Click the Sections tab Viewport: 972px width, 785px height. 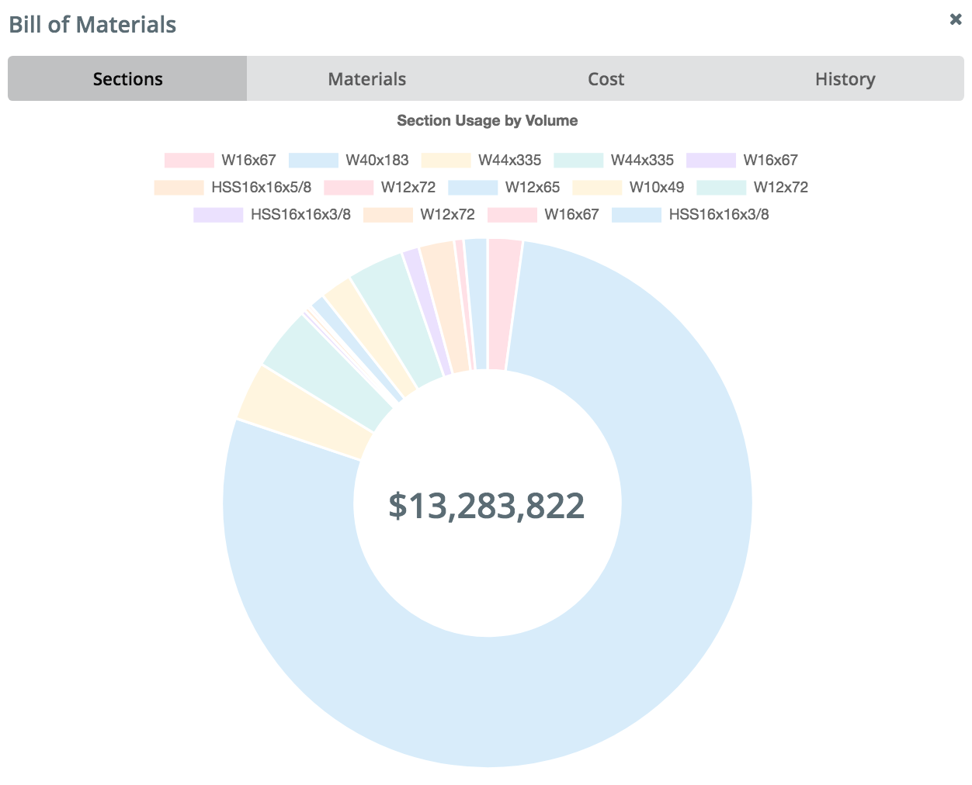point(127,78)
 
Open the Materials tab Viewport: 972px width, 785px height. point(366,78)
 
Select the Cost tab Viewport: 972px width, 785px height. point(606,78)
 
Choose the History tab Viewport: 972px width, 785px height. point(845,78)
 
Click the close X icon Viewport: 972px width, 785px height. point(956,19)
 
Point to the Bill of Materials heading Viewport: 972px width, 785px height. point(92,25)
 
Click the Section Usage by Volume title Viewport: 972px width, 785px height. point(487,120)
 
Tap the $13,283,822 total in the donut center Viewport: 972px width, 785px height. point(487,506)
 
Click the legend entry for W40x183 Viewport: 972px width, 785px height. point(349,161)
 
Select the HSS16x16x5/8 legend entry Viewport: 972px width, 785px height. point(233,188)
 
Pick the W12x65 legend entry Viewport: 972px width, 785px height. point(505,188)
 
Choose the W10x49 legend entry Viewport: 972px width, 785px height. point(629,188)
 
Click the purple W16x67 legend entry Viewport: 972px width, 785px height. point(743,161)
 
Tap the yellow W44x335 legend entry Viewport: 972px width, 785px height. point(481,161)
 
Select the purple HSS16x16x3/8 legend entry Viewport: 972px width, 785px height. point(273,215)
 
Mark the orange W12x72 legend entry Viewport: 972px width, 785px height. point(419,215)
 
